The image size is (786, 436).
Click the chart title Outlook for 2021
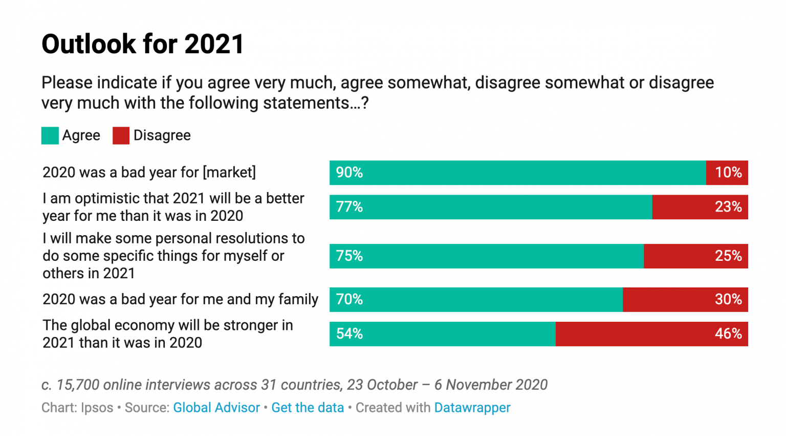tap(143, 44)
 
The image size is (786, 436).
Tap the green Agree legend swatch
tap(50, 136)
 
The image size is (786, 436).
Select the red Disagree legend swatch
tap(121, 136)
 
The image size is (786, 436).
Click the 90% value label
tap(349, 173)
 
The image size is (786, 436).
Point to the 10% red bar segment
tap(727, 173)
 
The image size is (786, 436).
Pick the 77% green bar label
tap(349, 207)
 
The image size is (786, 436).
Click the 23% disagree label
tap(728, 207)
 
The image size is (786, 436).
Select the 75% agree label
tap(349, 256)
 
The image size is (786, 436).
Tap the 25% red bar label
tap(728, 256)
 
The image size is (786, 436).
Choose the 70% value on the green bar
tap(349, 300)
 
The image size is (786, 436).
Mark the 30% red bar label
tap(728, 300)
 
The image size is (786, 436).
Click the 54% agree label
tap(349, 334)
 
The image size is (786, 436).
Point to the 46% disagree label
tap(728, 334)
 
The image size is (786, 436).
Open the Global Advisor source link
tap(216, 408)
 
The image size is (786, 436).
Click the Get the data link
tap(308, 408)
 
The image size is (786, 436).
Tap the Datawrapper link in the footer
tap(472, 408)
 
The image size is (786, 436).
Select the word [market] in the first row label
tap(229, 173)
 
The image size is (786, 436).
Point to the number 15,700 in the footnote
tap(76, 385)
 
